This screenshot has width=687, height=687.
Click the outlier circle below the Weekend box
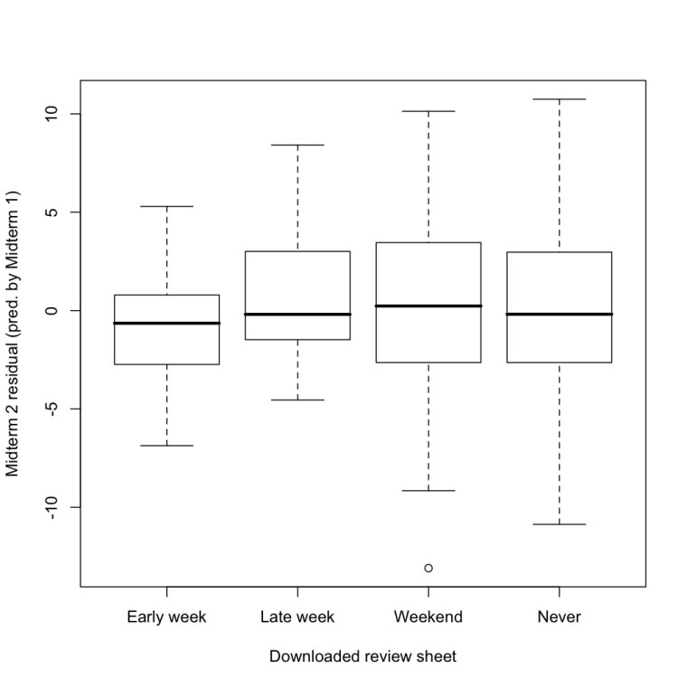(x=428, y=568)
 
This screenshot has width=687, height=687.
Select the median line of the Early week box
(x=166, y=323)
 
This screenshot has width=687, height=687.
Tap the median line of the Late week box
(x=297, y=314)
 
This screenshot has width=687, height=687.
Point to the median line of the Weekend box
(x=428, y=306)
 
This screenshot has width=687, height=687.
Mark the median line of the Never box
(x=560, y=314)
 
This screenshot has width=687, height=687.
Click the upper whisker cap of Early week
(x=166, y=206)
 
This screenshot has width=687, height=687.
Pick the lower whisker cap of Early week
(x=166, y=446)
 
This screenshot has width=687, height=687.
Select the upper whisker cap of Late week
(x=297, y=145)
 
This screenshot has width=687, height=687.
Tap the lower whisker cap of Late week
(x=297, y=400)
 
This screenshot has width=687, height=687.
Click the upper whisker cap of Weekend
(x=428, y=111)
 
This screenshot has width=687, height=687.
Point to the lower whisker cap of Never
(x=560, y=524)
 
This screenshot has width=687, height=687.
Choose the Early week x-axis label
(x=166, y=617)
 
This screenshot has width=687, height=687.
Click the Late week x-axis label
(x=297, y=617)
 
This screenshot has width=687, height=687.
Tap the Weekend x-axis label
(x=428, y=617)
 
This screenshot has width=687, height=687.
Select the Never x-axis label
(x=560, y=617)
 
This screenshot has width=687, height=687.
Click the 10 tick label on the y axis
(x=52, y=114)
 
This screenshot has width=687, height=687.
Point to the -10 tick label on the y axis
(x=52, y=507)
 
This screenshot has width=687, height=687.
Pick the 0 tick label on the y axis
(x=52, y=311)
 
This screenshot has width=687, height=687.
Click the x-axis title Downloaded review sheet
(x=362, y=657)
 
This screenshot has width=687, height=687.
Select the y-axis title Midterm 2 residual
(x=14, y=334)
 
